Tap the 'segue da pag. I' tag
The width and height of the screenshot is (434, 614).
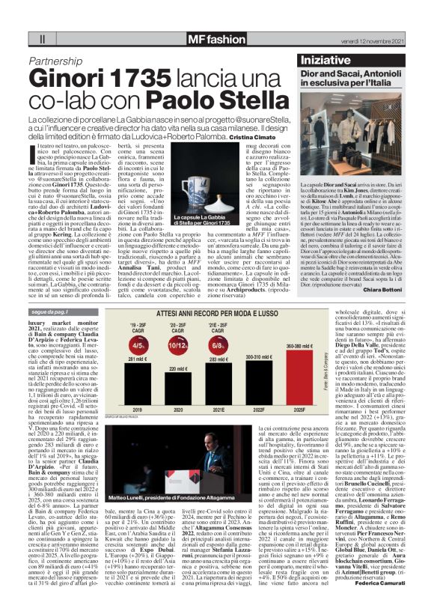53,311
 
